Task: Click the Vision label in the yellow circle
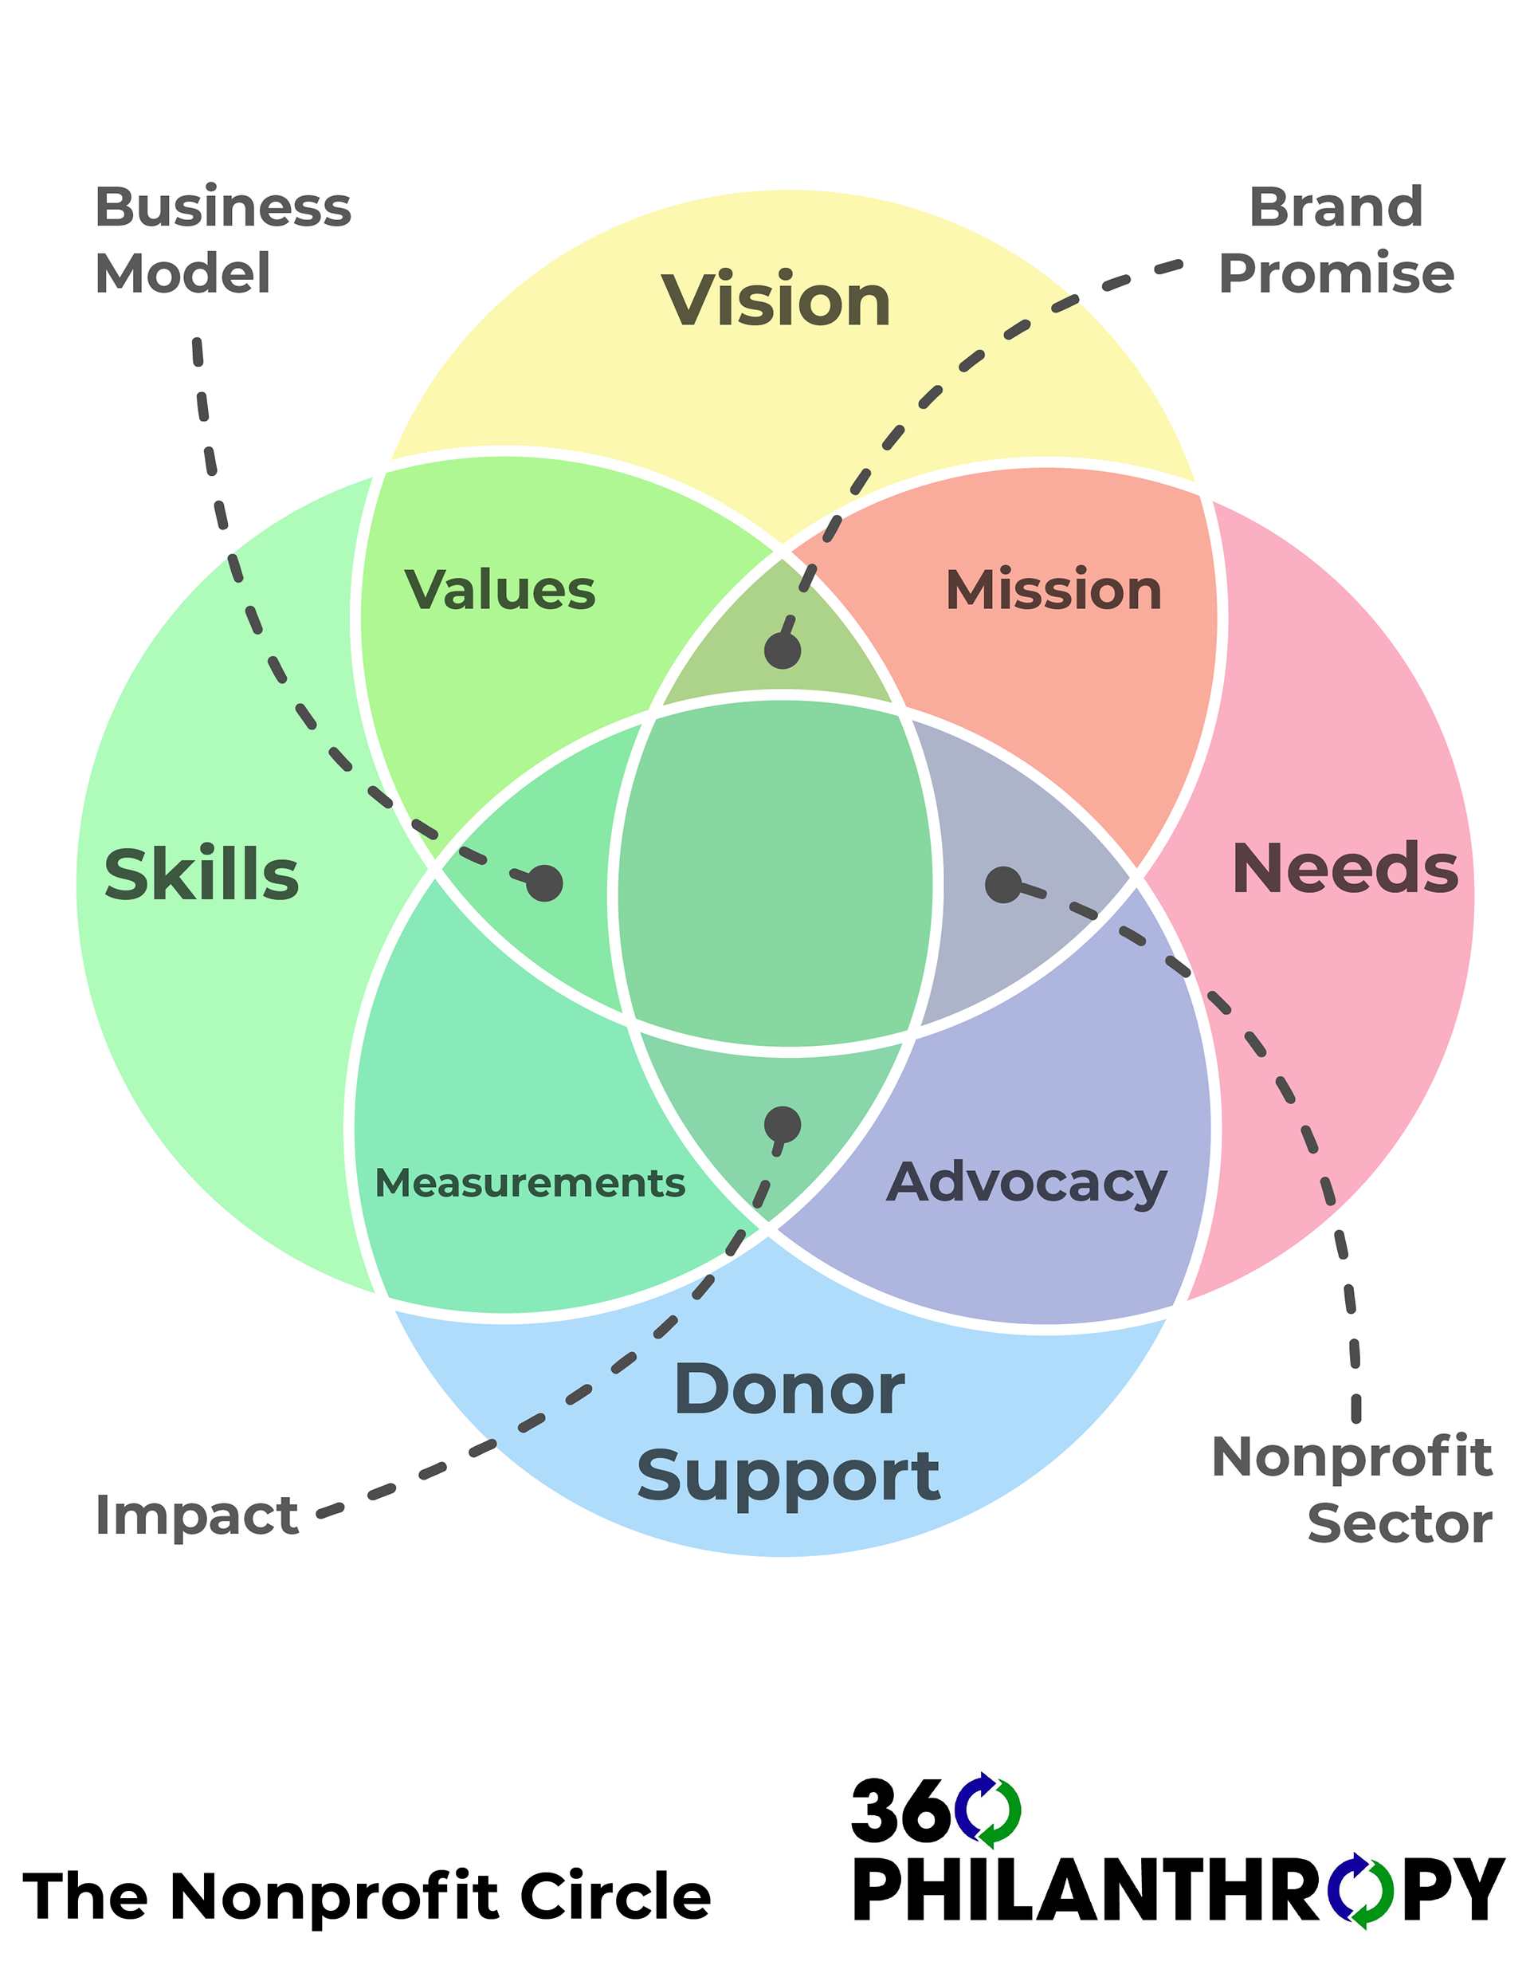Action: (x=775, y=301)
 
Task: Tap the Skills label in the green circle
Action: (x=202, y=875)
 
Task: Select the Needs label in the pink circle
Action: (x=1344, y=868)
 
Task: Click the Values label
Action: (x=500, y=590)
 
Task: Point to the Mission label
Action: (x=1053, y=590)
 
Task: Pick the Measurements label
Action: (x=530, y=1183)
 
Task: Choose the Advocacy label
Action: (x=1026, y=1183)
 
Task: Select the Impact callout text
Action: (x=197, y=1515)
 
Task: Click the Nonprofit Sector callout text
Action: (x=1351, y=1489)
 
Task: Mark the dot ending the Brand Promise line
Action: (x=782, y=651)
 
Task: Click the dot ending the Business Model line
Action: (x=544, y=882)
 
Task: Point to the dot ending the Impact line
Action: (x=782, y=1125)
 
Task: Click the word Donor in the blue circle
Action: (x=789, y=1389)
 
